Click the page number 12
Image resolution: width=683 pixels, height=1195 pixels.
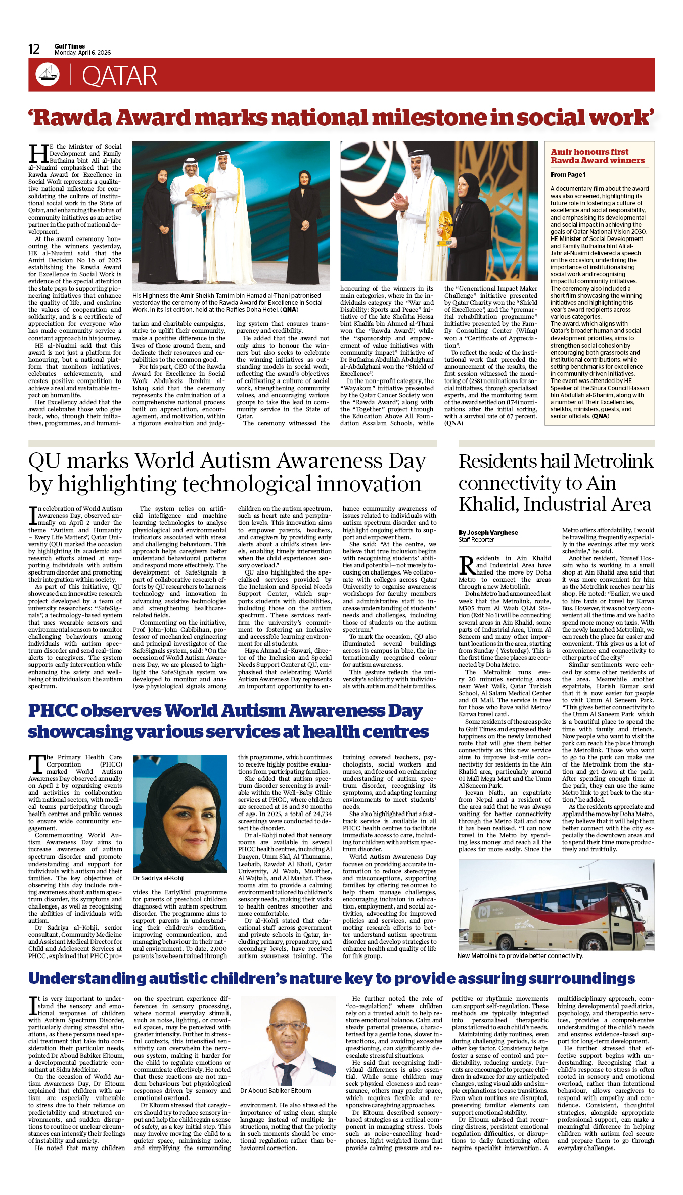34,49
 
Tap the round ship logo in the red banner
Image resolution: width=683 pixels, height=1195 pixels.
48,75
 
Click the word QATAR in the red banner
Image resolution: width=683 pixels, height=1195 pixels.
119,76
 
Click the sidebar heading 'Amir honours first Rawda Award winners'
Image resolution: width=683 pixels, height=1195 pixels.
598,156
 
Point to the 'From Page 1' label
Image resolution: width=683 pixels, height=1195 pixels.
568,175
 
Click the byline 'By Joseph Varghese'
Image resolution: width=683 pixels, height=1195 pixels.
488,532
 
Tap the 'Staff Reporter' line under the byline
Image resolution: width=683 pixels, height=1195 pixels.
476,540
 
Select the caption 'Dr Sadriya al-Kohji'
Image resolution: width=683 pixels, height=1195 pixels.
159,878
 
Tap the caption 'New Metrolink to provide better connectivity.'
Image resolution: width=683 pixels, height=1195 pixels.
520,956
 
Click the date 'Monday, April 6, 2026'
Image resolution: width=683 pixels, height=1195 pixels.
82,53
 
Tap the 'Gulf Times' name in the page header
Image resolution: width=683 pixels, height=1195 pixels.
70,46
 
